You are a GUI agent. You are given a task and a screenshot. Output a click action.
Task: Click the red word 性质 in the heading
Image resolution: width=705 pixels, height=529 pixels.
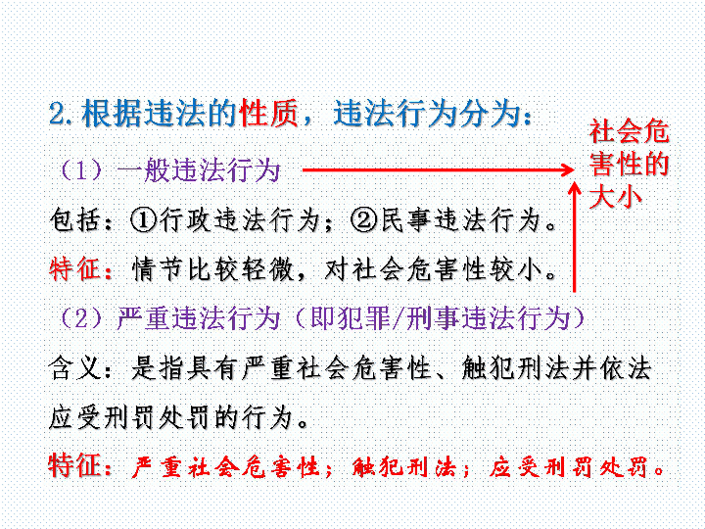[269, 113]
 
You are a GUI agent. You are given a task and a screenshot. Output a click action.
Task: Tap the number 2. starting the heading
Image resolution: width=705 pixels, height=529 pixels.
[63, 114]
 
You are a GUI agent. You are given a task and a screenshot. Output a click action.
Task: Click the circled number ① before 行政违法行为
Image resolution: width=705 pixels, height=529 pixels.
[143, 220]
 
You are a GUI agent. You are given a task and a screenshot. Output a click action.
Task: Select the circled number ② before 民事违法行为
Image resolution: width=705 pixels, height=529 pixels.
[364, 220]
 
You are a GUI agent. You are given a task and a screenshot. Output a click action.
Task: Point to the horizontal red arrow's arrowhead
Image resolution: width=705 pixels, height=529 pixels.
[566, 169]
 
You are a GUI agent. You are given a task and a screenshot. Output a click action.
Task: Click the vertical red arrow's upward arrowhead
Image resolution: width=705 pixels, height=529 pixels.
[574, 188]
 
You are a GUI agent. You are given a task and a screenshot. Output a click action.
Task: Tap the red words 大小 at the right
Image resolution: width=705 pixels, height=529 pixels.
[615, 197]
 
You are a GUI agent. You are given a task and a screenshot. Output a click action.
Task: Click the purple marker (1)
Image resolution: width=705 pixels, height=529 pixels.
[81, 170]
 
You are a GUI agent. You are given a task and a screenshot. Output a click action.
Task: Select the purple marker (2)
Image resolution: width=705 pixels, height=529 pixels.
[81, 318]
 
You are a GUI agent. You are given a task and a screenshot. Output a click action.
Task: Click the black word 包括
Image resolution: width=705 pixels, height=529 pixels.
[74, 220]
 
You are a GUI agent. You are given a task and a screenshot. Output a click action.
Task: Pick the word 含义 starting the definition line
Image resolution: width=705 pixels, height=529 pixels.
[74, 368]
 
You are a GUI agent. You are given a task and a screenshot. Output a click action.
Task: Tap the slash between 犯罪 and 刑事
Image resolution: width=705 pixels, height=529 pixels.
[399, 318]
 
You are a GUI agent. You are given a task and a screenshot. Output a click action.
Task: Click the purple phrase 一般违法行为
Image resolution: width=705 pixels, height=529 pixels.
[198, 170]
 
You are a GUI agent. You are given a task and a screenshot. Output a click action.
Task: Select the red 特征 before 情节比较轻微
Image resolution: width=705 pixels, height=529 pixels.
[74, 270]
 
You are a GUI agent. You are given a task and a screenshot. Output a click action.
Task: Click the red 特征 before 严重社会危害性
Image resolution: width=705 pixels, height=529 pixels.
[74, 465]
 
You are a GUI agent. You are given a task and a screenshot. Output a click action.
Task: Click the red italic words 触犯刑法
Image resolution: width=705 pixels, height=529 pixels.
[403, 467]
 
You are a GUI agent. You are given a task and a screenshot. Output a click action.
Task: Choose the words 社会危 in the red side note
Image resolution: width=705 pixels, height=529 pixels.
[629, 131]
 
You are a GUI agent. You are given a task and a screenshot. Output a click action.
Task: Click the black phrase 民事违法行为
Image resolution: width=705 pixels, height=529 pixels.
[460, 220]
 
